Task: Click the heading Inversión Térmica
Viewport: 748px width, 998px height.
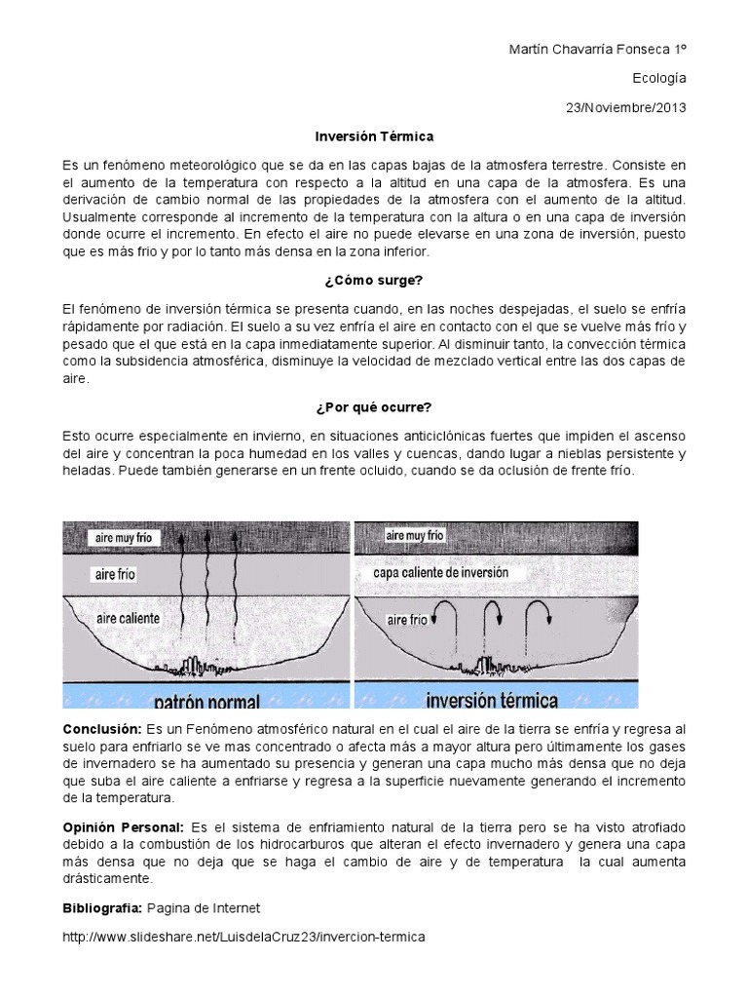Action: point(373,136)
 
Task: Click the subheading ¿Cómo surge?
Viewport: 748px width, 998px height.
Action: point(374,281)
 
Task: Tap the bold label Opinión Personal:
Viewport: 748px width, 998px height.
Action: point(124,825)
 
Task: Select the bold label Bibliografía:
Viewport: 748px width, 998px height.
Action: point(102,907)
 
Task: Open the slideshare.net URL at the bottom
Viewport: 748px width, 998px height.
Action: point(244,937)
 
